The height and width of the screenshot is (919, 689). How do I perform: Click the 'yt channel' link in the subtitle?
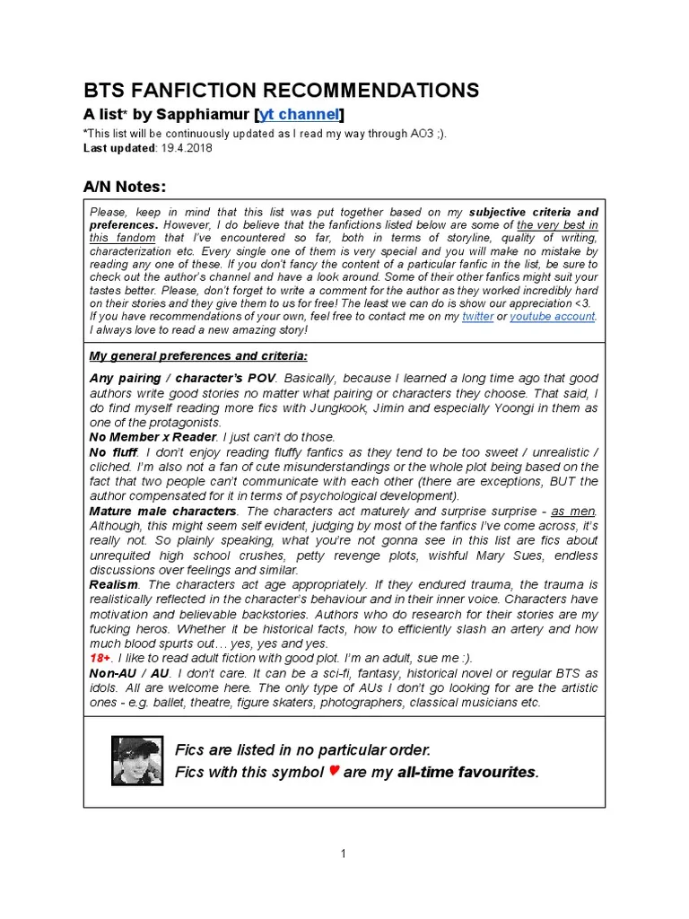tap(300, 114)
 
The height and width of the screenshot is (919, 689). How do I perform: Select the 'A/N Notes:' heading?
tap(125, 186)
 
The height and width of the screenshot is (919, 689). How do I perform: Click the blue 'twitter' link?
tap(477, 317)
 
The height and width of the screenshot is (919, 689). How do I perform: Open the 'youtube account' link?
tap(553, 317)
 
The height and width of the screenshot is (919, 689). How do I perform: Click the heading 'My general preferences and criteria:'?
tap(198, 355)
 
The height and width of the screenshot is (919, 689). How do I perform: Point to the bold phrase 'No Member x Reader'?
tap(153, 437)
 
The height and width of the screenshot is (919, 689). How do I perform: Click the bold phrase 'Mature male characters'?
tap(163, 511)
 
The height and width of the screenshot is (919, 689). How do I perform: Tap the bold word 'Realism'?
tap(113, 583)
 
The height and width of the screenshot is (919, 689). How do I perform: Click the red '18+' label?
tap(100, 657)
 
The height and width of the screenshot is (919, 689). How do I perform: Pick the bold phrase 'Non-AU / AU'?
tap(129, 672)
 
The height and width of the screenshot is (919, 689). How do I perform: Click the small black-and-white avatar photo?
tap(137, 760)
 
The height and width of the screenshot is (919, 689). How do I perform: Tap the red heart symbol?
tap(333, 771)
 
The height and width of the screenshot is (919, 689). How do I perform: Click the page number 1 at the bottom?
tap(344, 853)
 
